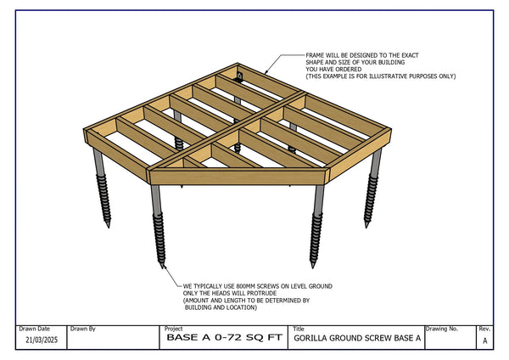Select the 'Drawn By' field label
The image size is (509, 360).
coord(83,328)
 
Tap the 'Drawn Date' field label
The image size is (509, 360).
coord(35,328)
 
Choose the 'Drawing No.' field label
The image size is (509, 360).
coord(443,328)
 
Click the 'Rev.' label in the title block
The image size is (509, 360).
coord(484,328)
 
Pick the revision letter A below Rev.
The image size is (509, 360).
coord(484,340)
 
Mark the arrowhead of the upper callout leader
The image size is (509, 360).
coord(265,70)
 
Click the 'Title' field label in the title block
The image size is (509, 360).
coord(299,328)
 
